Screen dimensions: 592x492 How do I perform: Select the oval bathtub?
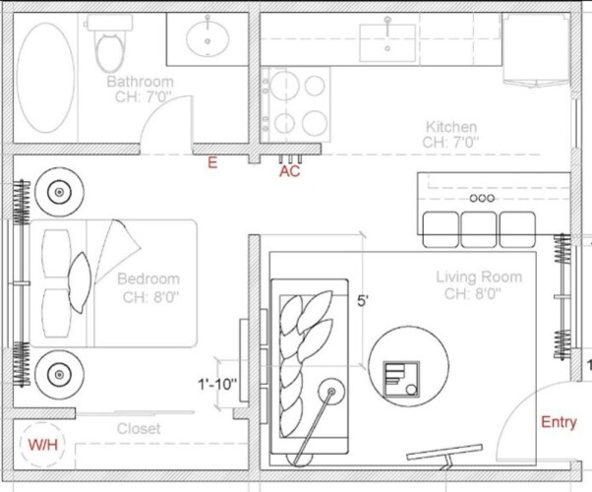(45, 78)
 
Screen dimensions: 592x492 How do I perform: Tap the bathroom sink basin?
(207, 38)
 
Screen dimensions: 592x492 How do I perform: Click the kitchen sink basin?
(387, 42)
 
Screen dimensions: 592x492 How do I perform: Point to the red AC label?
(289, 171)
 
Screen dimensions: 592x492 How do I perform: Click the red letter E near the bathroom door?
(212, 162)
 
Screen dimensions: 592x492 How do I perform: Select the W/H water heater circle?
(42, 445)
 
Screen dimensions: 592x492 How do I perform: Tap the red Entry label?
(559, 422)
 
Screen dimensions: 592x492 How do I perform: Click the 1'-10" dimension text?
(217, 385)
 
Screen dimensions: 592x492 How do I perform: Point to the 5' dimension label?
(363, 301)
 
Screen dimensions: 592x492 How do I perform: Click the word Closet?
(139, 428)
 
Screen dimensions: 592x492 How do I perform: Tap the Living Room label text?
(479, 277)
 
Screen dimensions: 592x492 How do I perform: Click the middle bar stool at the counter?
(479, 229)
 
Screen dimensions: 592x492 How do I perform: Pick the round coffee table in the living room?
(408, 366)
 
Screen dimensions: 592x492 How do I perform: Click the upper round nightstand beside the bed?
(59, 192)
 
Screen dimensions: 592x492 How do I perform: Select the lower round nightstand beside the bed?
(59, 375)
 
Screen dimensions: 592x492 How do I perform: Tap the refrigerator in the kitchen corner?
(536, 49)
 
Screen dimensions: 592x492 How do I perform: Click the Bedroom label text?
(148, 278)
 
